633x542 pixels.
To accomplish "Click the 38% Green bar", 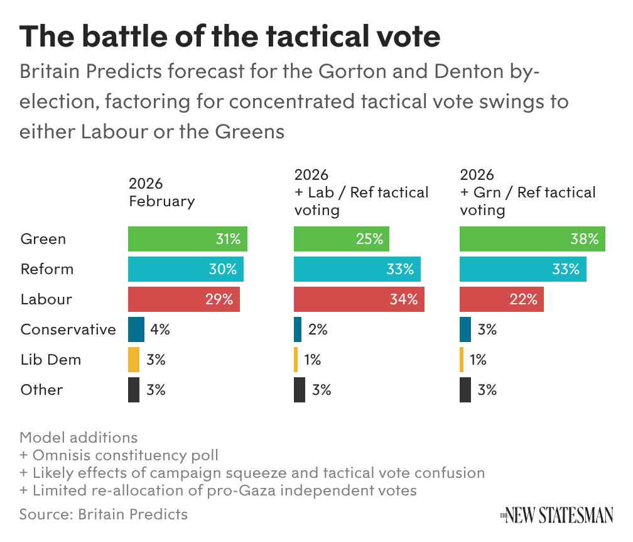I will (533, 239).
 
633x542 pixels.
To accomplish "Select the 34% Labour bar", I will (359, 299).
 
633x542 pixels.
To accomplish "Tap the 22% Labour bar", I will (502, 299).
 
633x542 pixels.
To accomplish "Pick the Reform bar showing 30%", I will (186, 269).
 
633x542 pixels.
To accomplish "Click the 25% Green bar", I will (342, 239).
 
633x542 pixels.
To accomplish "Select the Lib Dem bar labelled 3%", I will (134, 360).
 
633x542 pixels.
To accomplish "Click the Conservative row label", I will (68, 329).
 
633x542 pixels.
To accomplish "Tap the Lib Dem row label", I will (51, 360).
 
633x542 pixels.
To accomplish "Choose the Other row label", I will (41, 390).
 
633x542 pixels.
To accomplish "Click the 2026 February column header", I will (161, 192).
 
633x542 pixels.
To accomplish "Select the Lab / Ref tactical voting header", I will (361, 192).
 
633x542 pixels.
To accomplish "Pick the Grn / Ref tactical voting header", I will (527, 192).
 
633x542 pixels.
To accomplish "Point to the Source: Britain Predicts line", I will (104, 514).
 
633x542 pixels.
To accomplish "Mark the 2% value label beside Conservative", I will (318, 329).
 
